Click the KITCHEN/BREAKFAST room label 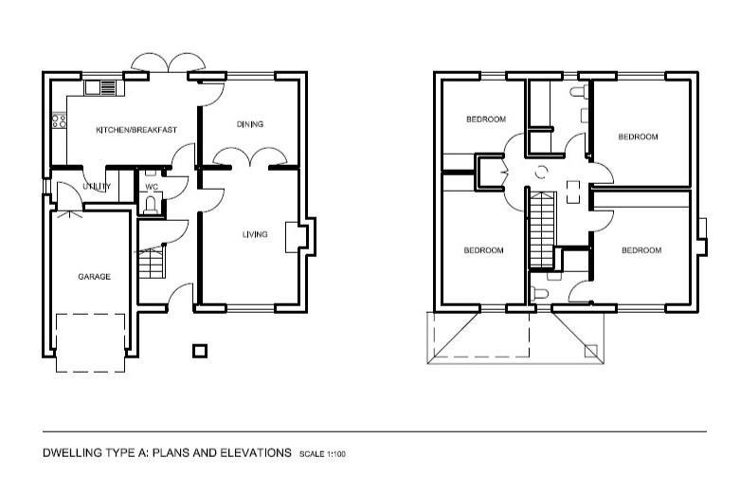point(136,130)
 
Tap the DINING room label point(250,124)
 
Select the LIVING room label point(255,234)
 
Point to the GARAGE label point(95,277)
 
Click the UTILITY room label point(97,187)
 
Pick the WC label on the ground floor point(152,187)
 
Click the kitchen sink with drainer point(100,88)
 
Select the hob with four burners point(59,120)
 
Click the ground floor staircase point(152,262)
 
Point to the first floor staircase point(542,230)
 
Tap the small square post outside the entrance point(200,351)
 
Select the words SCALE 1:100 point(322,454)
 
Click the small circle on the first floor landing point(541,172)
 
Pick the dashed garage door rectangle point(91,343)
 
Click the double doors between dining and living point(250,157)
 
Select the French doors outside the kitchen point(169,63)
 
